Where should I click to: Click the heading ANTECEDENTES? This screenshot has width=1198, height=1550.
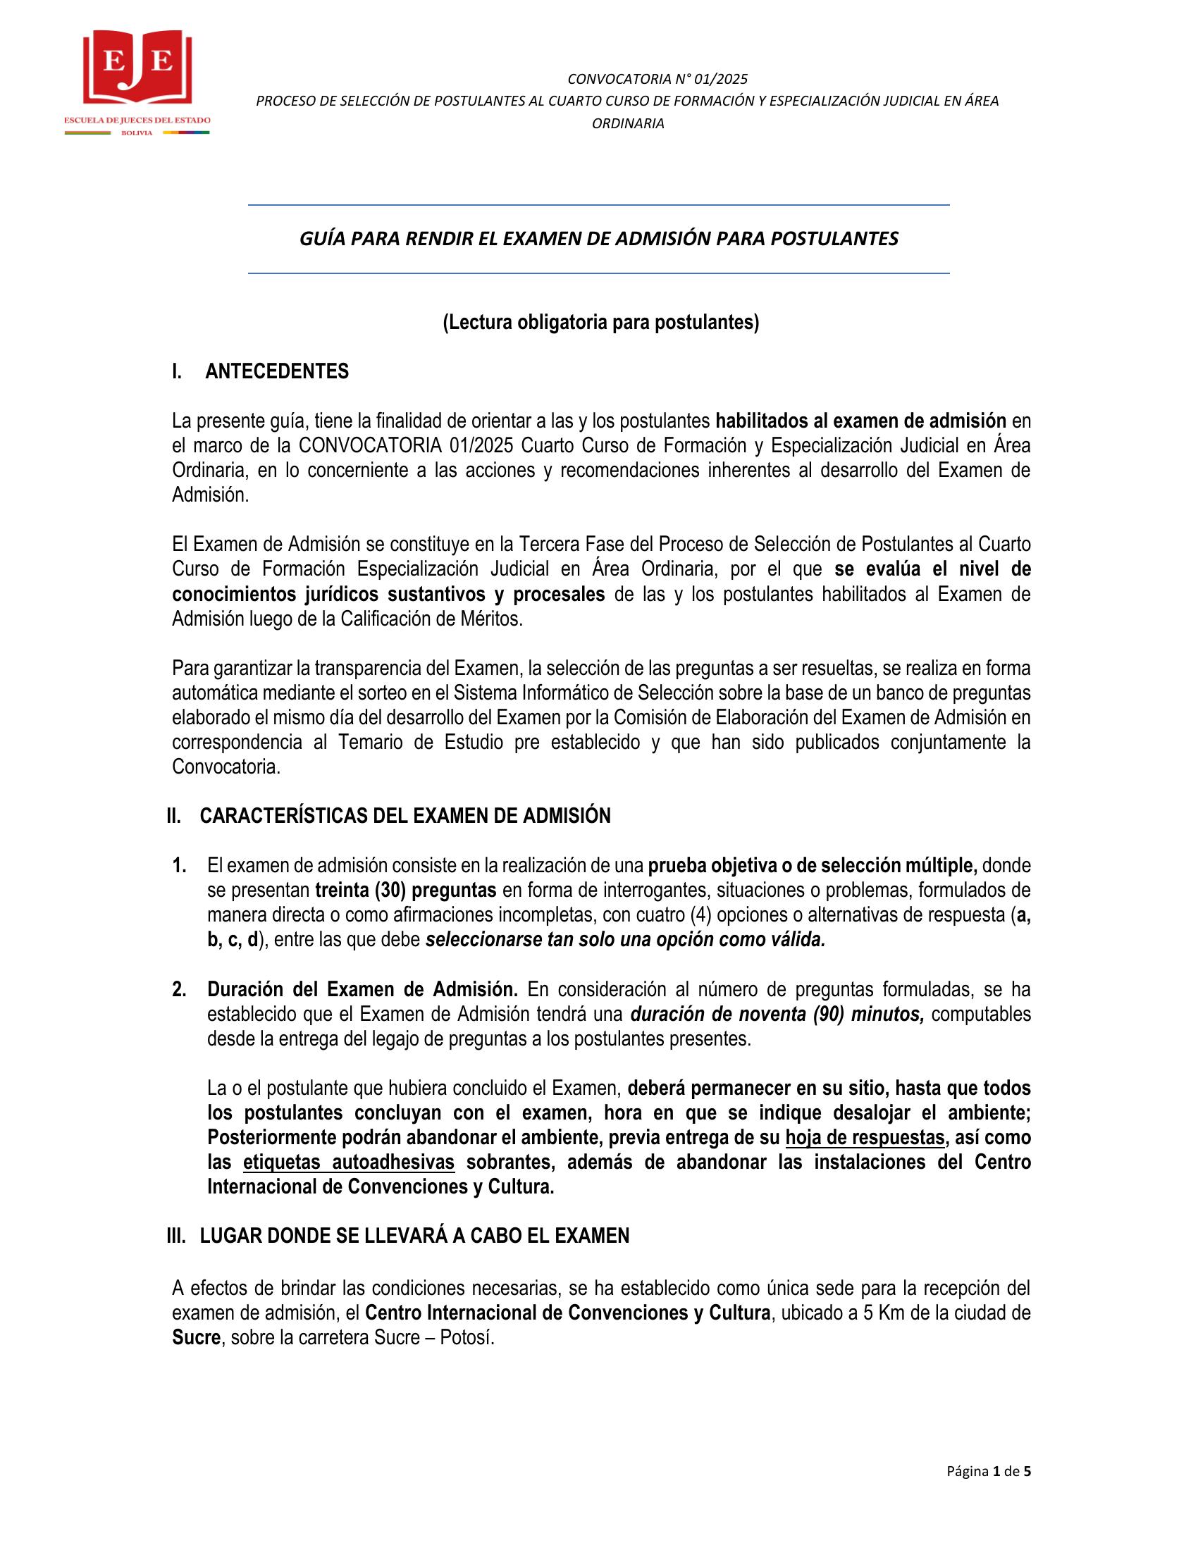[x=277, y=372]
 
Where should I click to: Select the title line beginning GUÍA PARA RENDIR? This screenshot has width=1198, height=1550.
[x=598, y=238]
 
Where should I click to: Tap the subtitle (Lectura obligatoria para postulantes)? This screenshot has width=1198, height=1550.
[x=600, y=323]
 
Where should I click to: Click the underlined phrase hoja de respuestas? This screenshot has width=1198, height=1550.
[x=865, y=1138]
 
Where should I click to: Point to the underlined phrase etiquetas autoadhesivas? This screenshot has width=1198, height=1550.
[x=348, y=1162]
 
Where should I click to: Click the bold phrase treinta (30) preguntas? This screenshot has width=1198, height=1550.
[x=405, y=890]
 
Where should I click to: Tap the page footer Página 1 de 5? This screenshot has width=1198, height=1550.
[x=988, y=1471]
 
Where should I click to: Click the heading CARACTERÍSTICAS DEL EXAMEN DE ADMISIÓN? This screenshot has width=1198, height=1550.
[x=405, y=816]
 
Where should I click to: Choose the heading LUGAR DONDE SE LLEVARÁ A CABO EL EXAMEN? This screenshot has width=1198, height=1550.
[x=414, y=1236]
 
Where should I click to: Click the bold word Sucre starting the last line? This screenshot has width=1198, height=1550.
[x=196, y=1338]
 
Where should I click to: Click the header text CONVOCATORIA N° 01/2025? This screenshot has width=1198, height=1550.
[x=657, y=79]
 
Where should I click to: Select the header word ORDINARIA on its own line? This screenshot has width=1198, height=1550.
[x=628, y=123]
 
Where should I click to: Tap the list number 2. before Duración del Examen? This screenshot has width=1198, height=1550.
[x=180, y=989]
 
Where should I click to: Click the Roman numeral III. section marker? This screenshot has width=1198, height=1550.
[x=176, y=1236]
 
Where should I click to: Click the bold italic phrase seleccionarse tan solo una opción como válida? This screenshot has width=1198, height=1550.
[x=625, y=940]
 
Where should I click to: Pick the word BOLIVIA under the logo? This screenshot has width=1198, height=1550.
[x=137, y=133]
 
